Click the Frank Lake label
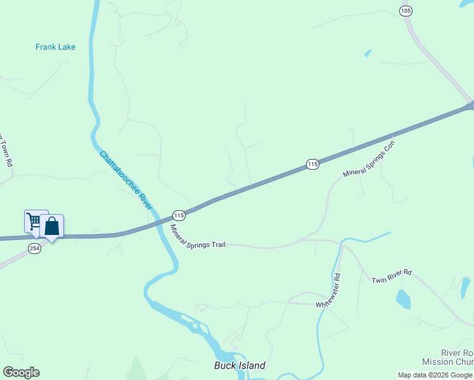[55, 47]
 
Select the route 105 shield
[406, 11]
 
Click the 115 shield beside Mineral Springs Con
[312, 164]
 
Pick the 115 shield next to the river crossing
[179, 215]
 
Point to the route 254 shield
[34, 249]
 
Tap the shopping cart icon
[34, 222]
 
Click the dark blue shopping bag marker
[52, 226]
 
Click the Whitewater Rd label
[329, 291]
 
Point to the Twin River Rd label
[392, 276]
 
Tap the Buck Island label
[240, 365]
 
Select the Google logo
[22, 372]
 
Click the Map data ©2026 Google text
[435, 375]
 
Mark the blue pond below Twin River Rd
[403, 298]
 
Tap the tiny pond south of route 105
[368, 53]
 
